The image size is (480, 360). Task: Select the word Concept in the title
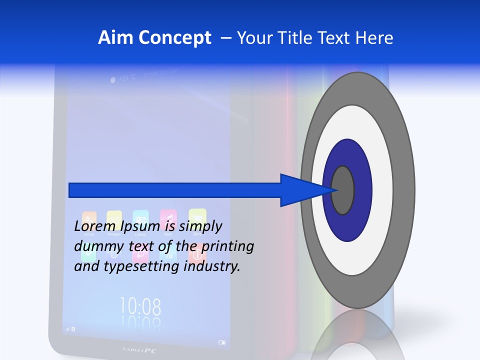pyautogui.click(x=171, y=38)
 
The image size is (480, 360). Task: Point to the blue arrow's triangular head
pyautogui.click(x=305, y=190)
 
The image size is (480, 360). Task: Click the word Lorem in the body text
pyautogui.click(x=91, y=226)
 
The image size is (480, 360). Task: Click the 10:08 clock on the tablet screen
pyautogui.click(x=140, y=305)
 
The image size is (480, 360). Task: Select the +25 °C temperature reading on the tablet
pyautogui.click(x=126, y=78)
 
